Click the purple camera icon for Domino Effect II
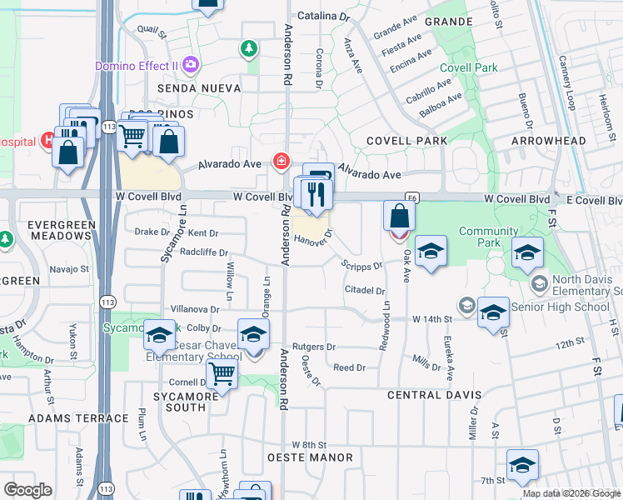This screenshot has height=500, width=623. [192, 64]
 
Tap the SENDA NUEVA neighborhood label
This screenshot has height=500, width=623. [193, 88]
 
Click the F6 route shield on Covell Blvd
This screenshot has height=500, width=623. [413, 198]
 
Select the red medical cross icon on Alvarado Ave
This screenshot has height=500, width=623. [282, 161]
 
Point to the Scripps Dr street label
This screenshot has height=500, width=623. [361, 265]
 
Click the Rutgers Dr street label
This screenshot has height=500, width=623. [314, 347]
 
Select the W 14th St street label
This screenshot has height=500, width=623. [432, 319]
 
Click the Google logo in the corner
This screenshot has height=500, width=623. [27, 490]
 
